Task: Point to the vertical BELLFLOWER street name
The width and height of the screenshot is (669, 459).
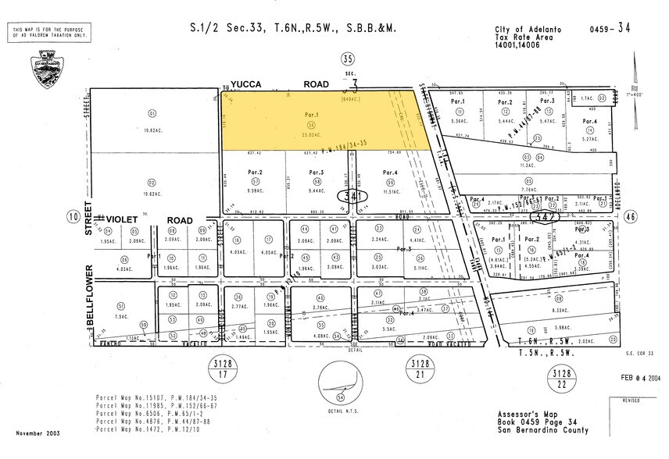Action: click(x=88, y=290)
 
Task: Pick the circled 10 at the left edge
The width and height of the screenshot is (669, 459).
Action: click(x=73, y=216)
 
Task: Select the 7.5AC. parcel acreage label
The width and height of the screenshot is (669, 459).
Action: click(x=120, y=317)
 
